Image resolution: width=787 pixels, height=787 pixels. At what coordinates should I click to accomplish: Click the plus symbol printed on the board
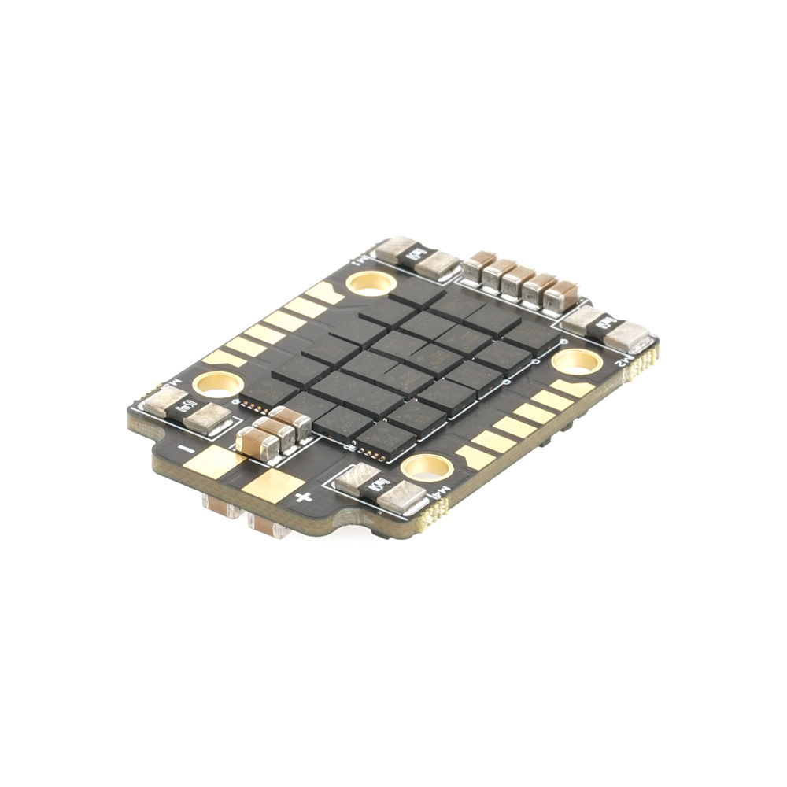[x=304, y=497]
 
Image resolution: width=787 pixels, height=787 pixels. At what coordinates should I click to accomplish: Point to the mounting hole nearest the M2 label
[x=576, y=361]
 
